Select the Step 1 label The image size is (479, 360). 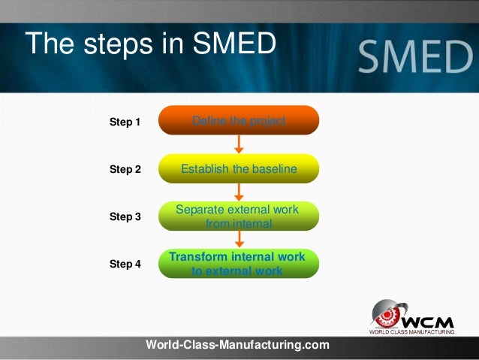pyautogui.click(x=125, y=121)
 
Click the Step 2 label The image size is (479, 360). pyautogui.click(x=125, y=170)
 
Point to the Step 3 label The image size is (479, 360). pyautogui.click(x=125, y=216)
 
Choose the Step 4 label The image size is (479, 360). pyautogui.click(x=125, y=264)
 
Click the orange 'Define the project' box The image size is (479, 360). pyautogui.click(x=239, y=120)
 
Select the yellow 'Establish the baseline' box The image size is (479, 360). pyautogui.click(x=239, y=169)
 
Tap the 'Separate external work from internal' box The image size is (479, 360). pyautogui.click(x=239, y=216)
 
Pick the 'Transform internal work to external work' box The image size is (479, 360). pyautogui.click(x=239, y=264)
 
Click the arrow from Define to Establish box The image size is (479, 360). pyautogui.click(x=239, y=144)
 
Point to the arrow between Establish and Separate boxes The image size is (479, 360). pyautogui.click(x=239, y=192)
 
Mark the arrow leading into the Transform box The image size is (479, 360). pyautogui.click(x=239, y=239)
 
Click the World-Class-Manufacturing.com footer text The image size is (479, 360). pyautogui.click(x=237, y=345)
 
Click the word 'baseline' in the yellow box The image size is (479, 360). pyautogui.click(x=274, y=169)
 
